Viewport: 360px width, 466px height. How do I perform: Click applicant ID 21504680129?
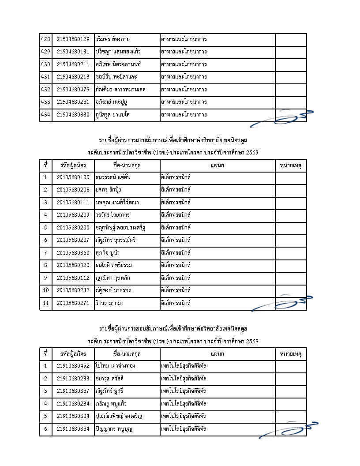[73, 40]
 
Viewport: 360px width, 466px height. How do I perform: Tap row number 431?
[45, 77]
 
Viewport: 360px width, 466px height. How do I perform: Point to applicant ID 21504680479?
[73, 90]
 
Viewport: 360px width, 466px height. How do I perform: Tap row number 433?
[45, 102]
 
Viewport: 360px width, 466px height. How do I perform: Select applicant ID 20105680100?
[73, 178]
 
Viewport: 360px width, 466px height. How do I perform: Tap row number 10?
[45, 291]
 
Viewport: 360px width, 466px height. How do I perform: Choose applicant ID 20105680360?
[73, 253]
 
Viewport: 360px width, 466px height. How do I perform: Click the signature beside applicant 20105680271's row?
[282, 304]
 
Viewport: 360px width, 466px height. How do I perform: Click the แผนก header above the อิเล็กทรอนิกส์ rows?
[217, 165]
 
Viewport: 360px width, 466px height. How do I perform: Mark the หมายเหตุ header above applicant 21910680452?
[291, 354]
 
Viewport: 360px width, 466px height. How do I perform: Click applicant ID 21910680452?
[73, 366]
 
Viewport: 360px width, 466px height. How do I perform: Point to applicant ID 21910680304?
[73, 416]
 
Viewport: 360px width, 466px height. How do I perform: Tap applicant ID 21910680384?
[73, 429]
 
